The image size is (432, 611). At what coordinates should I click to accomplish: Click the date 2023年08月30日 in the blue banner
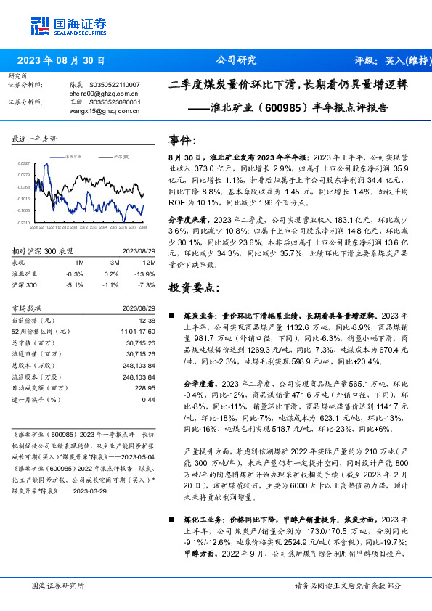[61, 61]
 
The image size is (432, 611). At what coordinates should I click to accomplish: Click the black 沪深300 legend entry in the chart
[120, 156]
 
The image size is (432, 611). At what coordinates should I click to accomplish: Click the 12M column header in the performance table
[150, 261]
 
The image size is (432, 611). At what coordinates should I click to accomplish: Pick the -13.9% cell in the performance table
[146, 274]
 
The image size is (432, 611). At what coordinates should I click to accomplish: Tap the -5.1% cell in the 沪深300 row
[74, 285]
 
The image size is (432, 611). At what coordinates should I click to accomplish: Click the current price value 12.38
[147, 320]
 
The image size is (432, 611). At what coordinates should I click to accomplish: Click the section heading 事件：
[182, 139]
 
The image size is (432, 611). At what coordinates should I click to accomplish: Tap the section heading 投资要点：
[192, 288]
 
